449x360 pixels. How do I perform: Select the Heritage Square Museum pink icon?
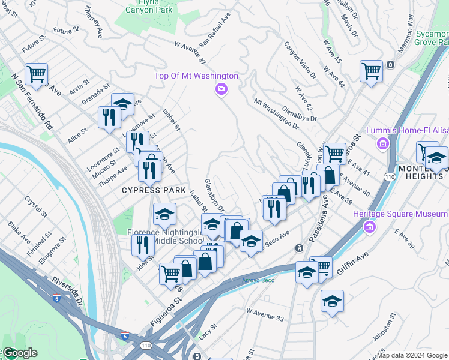[370, 227]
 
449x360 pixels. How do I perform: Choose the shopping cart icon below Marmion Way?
[371, 71]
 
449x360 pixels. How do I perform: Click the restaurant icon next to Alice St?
[109, 116]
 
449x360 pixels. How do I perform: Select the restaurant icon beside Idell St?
[143, 244]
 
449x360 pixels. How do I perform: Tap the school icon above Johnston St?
[332, 301]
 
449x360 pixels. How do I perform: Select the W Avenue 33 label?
[265, 314]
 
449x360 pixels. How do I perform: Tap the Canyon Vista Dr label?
[300, 60]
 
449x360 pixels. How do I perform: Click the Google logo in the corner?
[19, 353]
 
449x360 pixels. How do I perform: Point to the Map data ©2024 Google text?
[412, 355]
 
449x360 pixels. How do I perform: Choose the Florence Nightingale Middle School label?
[165, 236]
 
